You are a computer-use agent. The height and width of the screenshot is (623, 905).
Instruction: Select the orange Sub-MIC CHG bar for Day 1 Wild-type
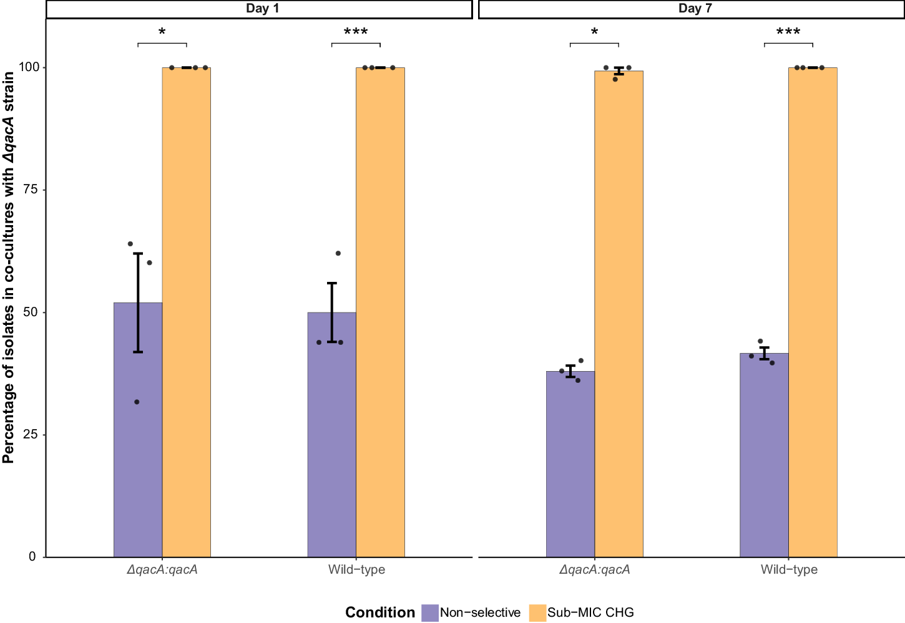click(x=380, y=312)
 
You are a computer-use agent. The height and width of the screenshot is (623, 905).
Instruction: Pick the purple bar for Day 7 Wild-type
click(x=764, y=455)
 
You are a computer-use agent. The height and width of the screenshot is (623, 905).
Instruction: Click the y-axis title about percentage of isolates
click(x=9, y=268)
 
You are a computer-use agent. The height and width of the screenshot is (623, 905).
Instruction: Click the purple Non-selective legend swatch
click(x=430, y=612)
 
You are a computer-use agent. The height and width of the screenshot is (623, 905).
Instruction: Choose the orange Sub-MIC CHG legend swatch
click(x=537, y=612)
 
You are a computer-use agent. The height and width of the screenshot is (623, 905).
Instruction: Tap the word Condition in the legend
click(x=380, y=612)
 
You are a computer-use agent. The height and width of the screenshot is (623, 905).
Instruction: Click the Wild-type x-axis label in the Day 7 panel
click(x=789, y=569)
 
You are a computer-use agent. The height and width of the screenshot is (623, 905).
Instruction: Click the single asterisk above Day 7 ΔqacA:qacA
click(x=594, y=32)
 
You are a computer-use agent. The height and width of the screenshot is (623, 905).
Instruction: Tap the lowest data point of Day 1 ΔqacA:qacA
click(x=137, y=402)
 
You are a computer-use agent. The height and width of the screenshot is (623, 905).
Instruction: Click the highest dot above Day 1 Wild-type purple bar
click(x=338, y=253)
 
